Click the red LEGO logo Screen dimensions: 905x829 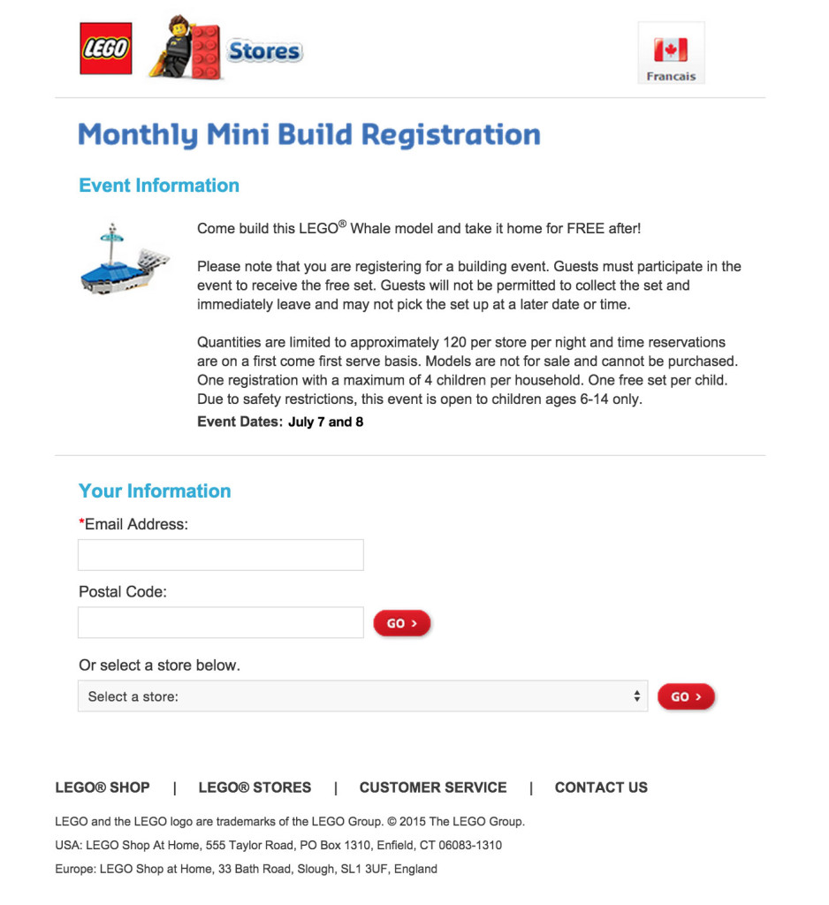pos(106,49)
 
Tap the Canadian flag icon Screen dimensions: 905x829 pos(671,49)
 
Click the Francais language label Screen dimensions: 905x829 pos(671,77)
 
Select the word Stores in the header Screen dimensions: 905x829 pos(264,51)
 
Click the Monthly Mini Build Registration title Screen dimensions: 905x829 pos(309,134)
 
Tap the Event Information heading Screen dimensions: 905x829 pos(159,186)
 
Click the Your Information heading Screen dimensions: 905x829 pos(155,491)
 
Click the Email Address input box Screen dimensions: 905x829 pos(221,555)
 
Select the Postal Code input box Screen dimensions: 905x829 pos(221,622)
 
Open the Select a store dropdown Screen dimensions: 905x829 pos(362,696)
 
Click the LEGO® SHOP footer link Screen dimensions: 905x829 pos(103,787)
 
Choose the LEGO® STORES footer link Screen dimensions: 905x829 pos(255,787)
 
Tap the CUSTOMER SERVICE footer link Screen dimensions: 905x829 pos(433,787)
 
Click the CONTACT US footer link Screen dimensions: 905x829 pos(601,787)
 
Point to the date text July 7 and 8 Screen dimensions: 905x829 pos(325,422)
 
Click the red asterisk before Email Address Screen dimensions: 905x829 pos(81,522)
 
